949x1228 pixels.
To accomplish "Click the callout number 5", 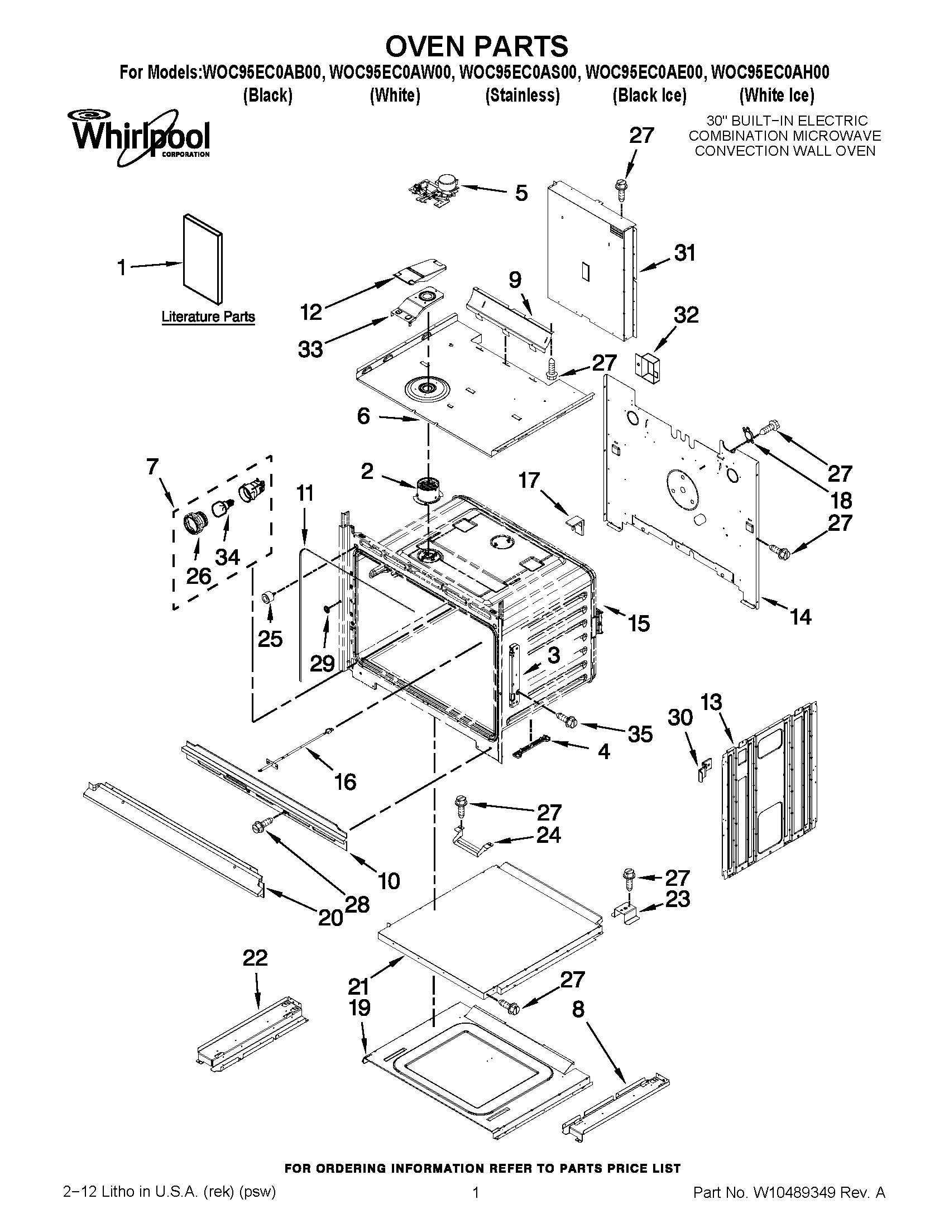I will (x=521, y=193).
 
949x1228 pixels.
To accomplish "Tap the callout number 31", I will (x=685, y=253).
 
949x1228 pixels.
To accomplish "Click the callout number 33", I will (x=310, y=349).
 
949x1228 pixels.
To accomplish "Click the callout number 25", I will (x=270, y=639).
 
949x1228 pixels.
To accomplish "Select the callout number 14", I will (x=801, y=617).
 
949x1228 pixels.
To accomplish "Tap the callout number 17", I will (x=529, y=480).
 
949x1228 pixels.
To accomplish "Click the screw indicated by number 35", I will (x=564, y=718).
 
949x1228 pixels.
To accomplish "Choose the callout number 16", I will (x=345, y=781).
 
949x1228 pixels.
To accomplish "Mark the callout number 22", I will (x=255, y=958).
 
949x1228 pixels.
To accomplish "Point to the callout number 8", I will (x=578, y=1010).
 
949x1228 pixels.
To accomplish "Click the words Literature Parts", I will (x=208, y=317).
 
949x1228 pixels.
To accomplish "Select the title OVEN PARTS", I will (x=476, y=46).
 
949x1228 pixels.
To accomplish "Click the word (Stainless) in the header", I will (x=523, y=95).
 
